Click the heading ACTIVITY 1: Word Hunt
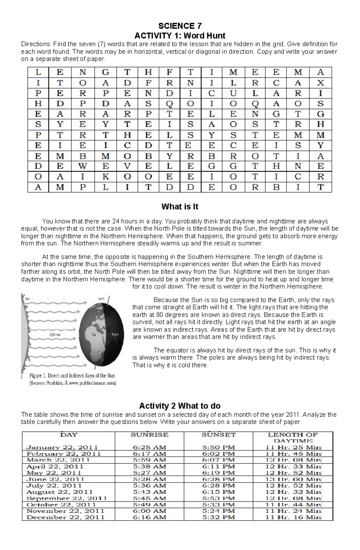point(180,36)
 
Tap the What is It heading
point(180,207)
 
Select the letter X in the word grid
point(320,83)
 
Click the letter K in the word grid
point(105,177)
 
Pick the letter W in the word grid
point(83,166)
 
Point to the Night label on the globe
point(115,334)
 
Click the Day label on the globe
point(94,334)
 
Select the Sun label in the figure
point(27,299)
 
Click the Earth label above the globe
point(101,299)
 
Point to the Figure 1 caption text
point(72,376)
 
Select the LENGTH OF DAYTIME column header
point(293,438)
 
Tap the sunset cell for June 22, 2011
point(218,479)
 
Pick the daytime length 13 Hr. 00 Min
point(293,479)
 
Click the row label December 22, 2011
point(65,517)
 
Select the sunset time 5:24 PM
point(218,511)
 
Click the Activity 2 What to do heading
point(180,406)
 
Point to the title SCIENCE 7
point(180,25)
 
